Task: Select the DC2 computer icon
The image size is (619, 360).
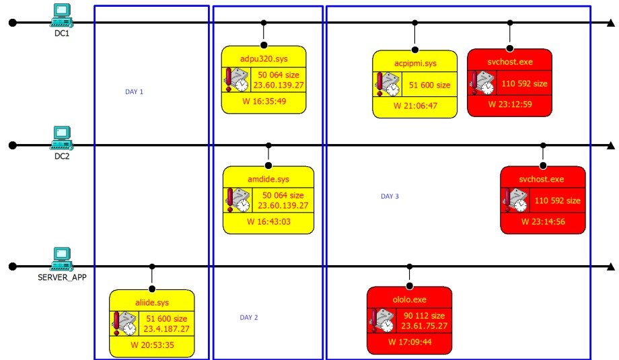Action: (x=62, y=137)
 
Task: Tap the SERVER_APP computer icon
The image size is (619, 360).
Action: (x=62, y=258)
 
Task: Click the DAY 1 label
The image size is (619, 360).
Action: (x=134, y=92)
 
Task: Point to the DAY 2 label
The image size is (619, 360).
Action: (x=249, y=318)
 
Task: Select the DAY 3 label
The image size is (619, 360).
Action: (x=390, y=196)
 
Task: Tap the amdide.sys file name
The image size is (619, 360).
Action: (x=268, y=179)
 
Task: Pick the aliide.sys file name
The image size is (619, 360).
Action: (x=151, y=303)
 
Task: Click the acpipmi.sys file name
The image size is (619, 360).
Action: (x=415, y=63)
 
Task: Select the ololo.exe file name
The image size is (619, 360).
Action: (x=409, y=299)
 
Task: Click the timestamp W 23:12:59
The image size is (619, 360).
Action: (x=510, y=104)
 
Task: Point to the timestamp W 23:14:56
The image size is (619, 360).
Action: (x=543, y=221)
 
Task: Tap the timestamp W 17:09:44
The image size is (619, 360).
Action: (x=410, y=342)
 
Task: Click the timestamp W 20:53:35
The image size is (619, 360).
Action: (x=152, y=345)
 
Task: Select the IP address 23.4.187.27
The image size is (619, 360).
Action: (x=166, y=329)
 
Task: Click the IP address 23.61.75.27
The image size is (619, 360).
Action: (x=424, y=326)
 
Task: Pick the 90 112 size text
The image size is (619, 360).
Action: (x=424, y=316)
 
